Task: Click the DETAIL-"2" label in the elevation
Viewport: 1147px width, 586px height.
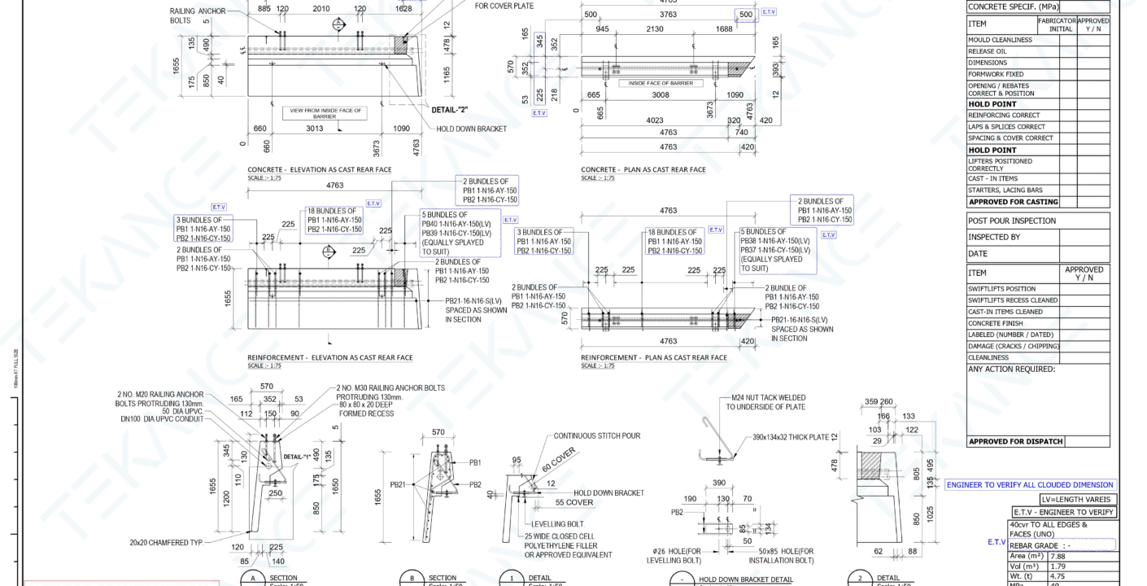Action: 449,109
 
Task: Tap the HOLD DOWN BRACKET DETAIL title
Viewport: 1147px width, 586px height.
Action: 745,580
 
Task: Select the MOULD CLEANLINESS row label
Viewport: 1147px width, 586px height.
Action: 1000,40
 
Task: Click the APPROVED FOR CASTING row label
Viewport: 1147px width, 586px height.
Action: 1013,202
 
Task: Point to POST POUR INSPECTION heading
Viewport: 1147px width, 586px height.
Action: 1011,221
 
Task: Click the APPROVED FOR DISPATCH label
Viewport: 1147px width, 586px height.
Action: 1014,442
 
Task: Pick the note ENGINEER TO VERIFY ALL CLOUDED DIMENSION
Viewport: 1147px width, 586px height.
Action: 1030,485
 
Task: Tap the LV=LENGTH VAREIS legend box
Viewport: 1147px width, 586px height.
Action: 1078,500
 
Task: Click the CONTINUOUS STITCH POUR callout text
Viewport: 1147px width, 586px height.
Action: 596,436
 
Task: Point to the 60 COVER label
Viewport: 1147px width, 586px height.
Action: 558,460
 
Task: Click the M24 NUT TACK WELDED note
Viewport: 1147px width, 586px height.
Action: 767,402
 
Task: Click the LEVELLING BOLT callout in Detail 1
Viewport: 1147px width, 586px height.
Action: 557,524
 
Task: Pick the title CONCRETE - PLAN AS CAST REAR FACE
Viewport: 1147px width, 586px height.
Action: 643,169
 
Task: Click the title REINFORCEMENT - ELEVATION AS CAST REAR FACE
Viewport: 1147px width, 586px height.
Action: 329,357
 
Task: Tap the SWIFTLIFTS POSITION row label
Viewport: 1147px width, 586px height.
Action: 1001,289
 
